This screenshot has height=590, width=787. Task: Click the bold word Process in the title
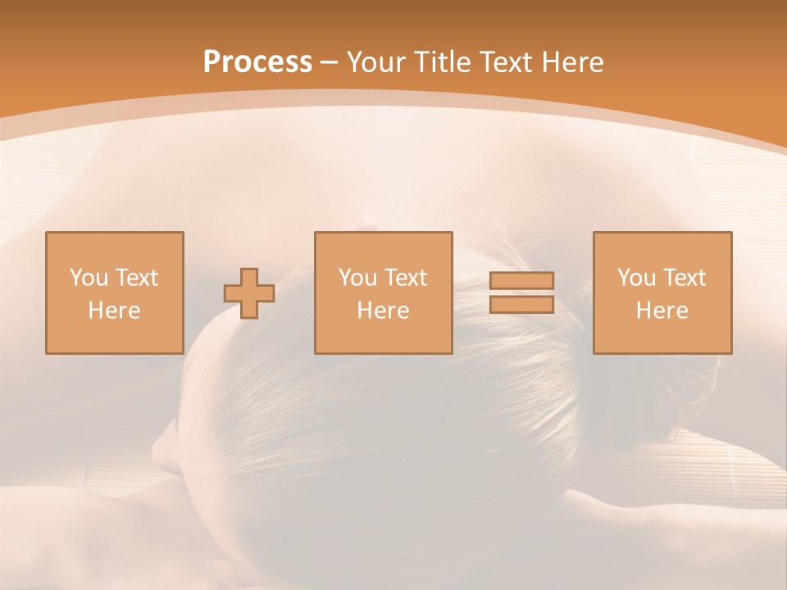(257, 62)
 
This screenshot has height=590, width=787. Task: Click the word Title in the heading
(447, 62)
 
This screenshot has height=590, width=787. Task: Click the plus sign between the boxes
(249, 293)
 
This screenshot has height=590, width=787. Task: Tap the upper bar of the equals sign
(521, 281)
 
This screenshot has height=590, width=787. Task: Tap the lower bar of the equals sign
(521, 305)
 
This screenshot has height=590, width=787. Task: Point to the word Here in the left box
(115, 311)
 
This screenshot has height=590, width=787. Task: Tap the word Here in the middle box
(384, 311)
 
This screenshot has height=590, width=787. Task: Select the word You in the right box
(636, 278)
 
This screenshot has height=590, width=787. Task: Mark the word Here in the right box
(662, 311)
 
